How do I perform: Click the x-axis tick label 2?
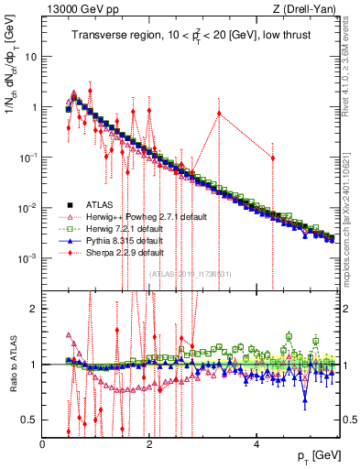coord(150,443)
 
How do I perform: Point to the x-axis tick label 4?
coord(257,443)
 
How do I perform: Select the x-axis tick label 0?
coord(43,443)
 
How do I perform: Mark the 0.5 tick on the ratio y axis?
coord(28,420)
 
